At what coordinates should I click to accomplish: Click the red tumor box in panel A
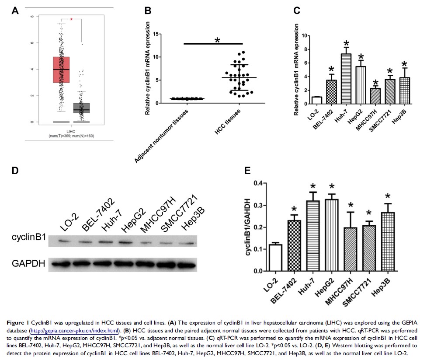point(61,70)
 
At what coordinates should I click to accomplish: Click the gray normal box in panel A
point(81,108)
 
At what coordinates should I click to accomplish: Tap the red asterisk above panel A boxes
point(72,19)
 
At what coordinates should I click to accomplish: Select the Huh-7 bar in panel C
point(346,77)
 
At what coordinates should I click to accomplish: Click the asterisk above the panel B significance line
point(217,41)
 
